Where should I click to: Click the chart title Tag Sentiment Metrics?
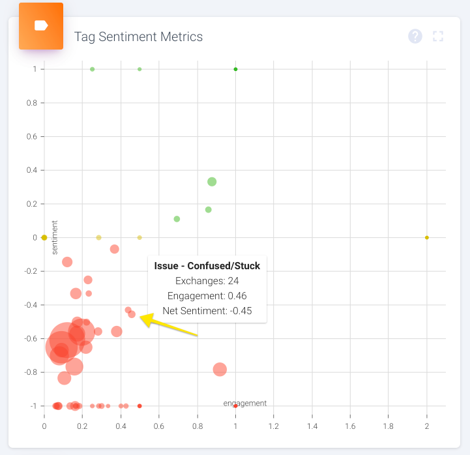click(138, 37)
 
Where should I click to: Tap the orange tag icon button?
click(41, 26)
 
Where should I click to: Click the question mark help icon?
click(415, 37)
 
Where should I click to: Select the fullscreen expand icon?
click(438, 37)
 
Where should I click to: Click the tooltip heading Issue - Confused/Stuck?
click(207, 265)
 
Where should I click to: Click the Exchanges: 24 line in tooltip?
click(207, 281)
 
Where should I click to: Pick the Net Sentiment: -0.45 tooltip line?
click(207, 310)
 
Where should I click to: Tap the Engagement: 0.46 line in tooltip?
click(207, 296)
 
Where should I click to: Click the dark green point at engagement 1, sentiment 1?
click(235, 69)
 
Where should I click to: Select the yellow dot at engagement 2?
click(427, 237)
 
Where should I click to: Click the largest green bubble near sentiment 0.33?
click(212, 182)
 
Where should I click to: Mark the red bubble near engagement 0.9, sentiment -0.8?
click(220, 370)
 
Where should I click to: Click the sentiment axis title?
click(55, 237)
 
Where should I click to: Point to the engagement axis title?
click(245, 403)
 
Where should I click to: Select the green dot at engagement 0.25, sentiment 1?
click(92, 69)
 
